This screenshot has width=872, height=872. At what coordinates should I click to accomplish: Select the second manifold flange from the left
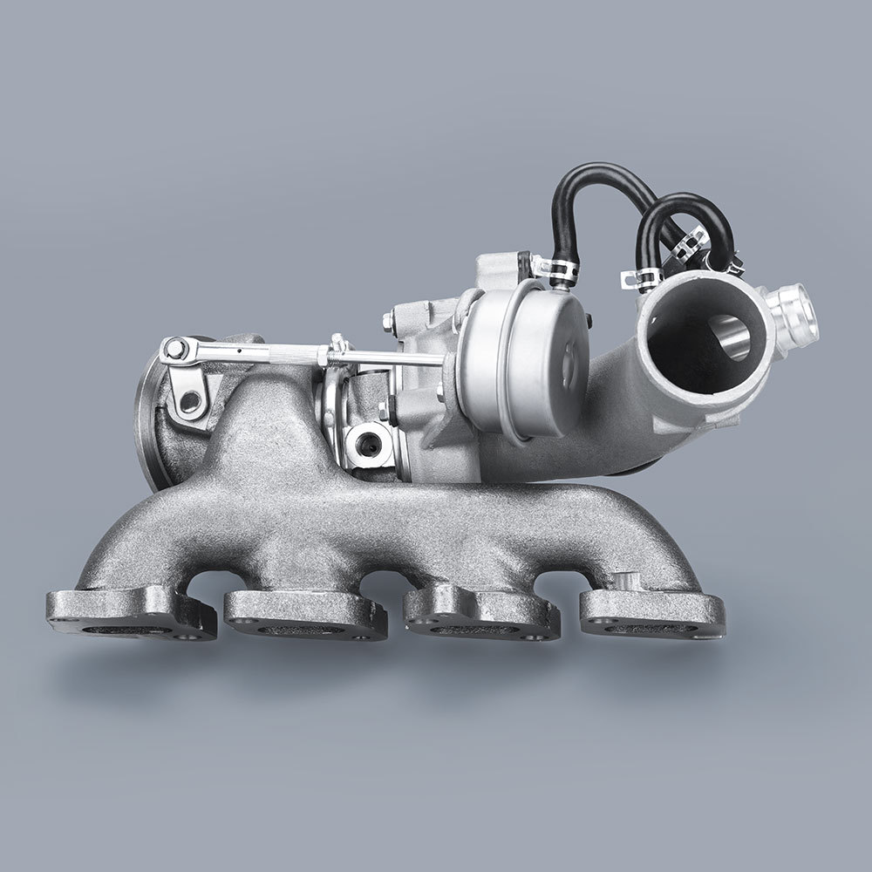[x=305, y=613]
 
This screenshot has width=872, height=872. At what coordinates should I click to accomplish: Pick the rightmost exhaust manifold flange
[x=651, y=610]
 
